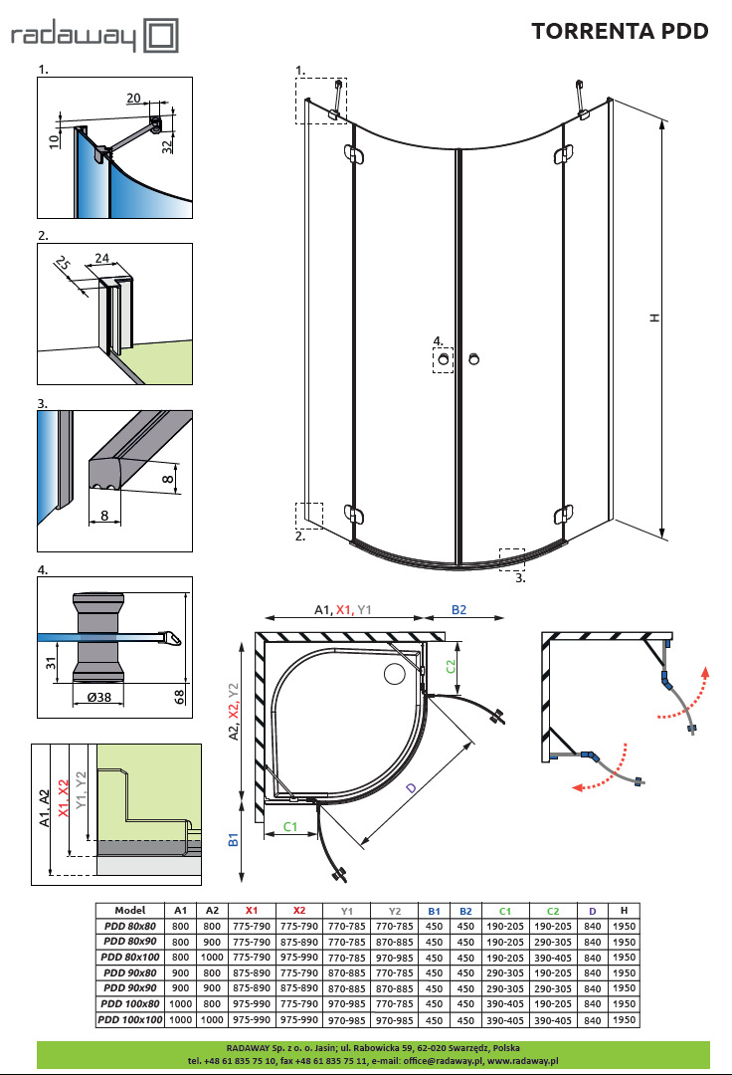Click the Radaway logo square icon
161,38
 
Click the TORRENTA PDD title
620,31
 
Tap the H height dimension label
653,318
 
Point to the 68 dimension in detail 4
181,696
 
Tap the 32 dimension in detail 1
168,144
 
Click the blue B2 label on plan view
458,609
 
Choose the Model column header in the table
130,910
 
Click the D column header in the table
592,910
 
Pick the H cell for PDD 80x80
623,926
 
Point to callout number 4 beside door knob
437,340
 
